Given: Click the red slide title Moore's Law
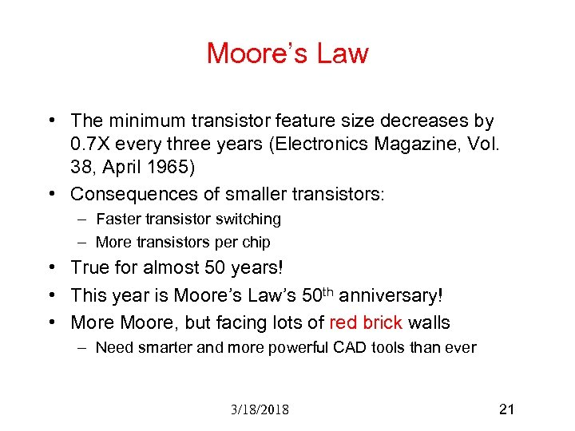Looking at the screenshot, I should point(287,53).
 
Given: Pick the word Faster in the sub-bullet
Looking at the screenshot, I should point(120,219).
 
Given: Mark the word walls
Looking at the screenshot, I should point(429,322).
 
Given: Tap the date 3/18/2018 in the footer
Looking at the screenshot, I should point(259,410).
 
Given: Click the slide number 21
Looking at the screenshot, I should point(506,409).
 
